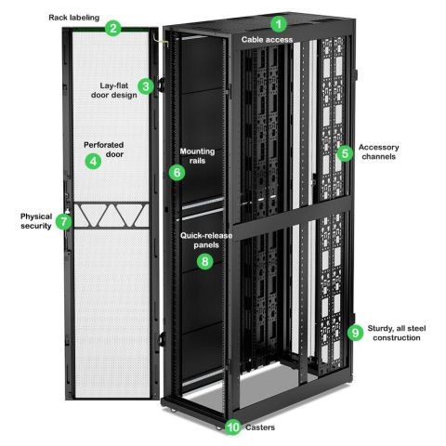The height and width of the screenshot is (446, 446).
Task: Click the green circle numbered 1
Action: point(279,24)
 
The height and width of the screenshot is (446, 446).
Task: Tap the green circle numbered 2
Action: point(113,28)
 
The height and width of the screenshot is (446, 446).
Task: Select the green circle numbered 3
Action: point(146,86)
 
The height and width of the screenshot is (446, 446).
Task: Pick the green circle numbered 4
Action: point(93,161)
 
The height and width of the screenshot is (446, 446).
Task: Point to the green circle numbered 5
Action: point(346,153)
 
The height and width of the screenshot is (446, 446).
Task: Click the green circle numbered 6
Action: point(177,172)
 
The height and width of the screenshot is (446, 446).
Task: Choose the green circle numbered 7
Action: point(64,222)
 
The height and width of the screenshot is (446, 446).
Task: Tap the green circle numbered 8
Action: point(205,261)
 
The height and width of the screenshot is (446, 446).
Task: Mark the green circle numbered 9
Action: point(355,333)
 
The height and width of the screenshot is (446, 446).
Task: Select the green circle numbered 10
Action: point(233,427)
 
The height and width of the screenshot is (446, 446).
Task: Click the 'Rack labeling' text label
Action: point(74,18)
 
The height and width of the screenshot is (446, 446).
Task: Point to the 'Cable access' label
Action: point(267,40)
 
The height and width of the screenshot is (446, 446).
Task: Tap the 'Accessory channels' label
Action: point(379,151)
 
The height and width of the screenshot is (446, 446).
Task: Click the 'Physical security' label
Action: point(36,221)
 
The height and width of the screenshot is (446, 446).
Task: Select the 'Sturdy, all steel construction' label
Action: point(397,333)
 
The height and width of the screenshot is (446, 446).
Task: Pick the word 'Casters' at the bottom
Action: point(260,427)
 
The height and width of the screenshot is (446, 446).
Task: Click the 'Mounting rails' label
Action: point(197,156)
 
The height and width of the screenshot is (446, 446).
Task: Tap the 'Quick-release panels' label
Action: point(206,241)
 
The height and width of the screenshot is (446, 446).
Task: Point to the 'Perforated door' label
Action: point(104,150)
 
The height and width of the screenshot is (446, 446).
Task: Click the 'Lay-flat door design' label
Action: point(114,90)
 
